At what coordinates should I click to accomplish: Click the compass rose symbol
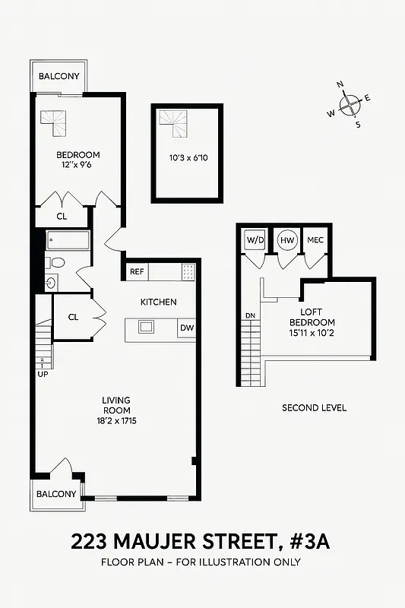tap(350, 104)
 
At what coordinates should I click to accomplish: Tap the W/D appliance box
tap(255, 240)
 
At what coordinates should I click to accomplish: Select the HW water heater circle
tap(287, 240)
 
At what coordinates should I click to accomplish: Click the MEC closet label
tap(315, 240)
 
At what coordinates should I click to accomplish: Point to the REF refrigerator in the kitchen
tap(137, 271)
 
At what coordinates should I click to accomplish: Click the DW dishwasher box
tap(187, 328)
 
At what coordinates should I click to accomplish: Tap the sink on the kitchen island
tap(144, 327)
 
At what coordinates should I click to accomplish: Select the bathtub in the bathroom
tap(68, 242)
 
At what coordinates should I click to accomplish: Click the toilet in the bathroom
tap(56, 263)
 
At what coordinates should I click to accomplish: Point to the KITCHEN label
tap(158, 302)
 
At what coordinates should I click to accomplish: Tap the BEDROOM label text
tap(78, 155)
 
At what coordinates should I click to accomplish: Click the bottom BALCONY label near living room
tap(57, 494)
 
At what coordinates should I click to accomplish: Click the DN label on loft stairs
tap(248, 316)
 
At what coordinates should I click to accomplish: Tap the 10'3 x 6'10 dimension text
tap(188, 159)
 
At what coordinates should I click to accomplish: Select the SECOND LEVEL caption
tap(314, 408)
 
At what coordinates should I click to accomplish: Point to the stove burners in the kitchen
tap(188, 271)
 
